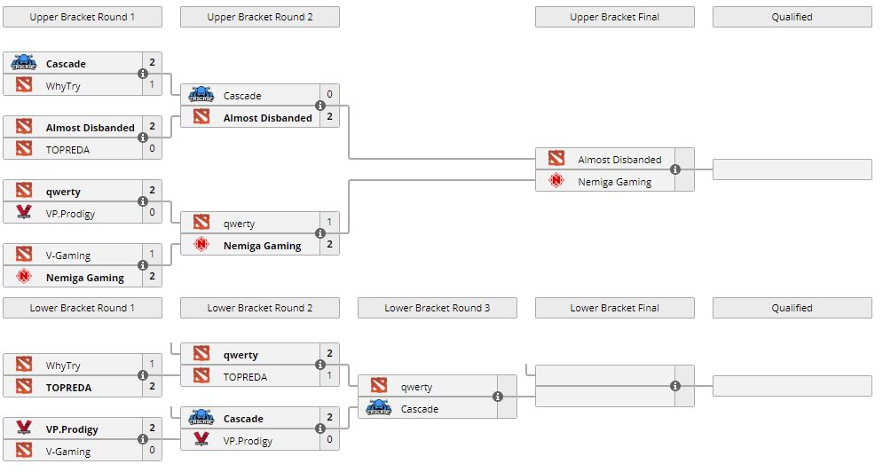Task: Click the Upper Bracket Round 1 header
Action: pos(82,17)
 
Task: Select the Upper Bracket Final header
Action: pos(614,17)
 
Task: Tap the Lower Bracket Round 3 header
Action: pos(437,308)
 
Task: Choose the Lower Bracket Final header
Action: pos(614,308)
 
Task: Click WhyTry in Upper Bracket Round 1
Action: pos(63,86)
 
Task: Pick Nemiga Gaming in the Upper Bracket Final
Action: pos(614,182)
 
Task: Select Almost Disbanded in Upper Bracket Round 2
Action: pos(267,118)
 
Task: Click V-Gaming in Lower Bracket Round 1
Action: pos(67,452)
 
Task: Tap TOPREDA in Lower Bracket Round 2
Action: pos(245,377)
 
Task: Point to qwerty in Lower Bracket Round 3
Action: pos(416,387)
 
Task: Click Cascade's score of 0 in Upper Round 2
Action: pos(329,95)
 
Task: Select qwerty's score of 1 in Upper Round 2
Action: pos(329,223)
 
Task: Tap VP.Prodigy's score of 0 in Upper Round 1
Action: pos(152,213)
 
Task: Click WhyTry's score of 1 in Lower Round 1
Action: pos(152,365)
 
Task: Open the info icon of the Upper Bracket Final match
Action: pos(675,169)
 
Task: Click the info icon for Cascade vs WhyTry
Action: pos(143,75)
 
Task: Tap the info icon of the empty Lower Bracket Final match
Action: pos(675,386)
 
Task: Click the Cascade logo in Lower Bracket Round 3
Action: pos(379,409)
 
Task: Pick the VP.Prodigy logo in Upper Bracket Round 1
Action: pos(24,213)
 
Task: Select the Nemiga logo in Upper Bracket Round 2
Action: pos(201,246)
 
